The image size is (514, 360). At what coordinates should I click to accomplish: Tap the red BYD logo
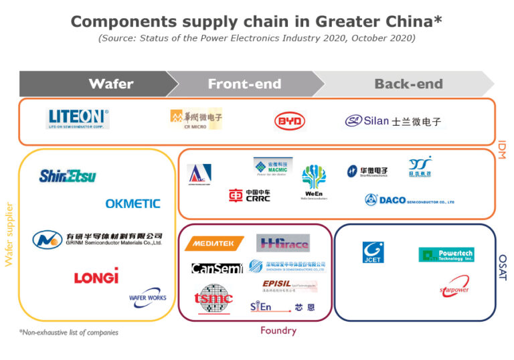click(x=290, y=121)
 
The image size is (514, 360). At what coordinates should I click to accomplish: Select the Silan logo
click(x=393, y=122)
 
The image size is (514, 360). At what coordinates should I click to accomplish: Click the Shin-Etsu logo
click(x=68, y=176)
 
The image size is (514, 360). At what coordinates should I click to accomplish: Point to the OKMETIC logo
click(x=133, y=203)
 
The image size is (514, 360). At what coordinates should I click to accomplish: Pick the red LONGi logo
click(x=96, y=276)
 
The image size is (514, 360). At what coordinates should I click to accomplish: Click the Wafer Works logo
click(x=147, y=294)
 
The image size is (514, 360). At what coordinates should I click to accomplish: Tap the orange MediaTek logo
click(x=213, y=244)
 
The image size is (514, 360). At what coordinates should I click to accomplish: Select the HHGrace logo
click(x=283, y=243)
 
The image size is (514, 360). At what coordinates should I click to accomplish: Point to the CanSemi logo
click(x=216, y=268)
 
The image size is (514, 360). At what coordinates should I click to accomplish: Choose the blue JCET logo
click(x=373, y=252)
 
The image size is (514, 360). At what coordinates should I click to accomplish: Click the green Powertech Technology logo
click(x=446, y=255)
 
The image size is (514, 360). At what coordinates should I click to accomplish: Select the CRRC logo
click(x=250, y=195)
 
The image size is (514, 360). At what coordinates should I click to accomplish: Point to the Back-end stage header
click(x=408, y=84)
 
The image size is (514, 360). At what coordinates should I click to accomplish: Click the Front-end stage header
click(x=244, y=84)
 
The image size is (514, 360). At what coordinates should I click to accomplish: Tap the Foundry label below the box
click(x=278, y=330)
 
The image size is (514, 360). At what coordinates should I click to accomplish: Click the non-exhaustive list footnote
click(x=68, y=332)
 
